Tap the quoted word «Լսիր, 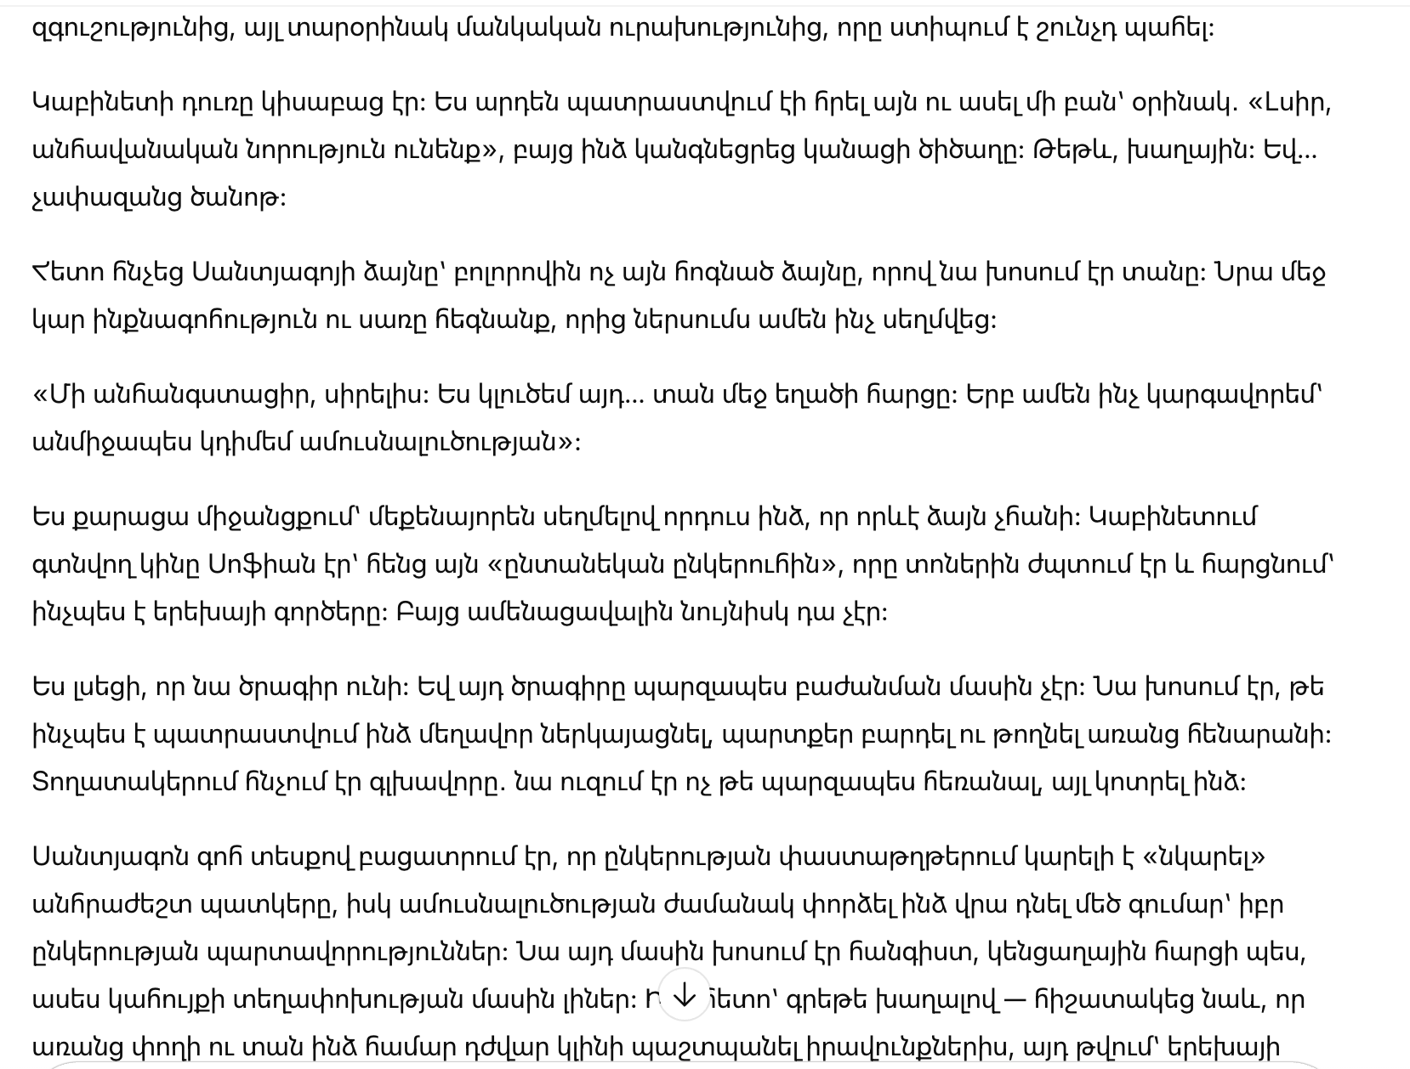1289,102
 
